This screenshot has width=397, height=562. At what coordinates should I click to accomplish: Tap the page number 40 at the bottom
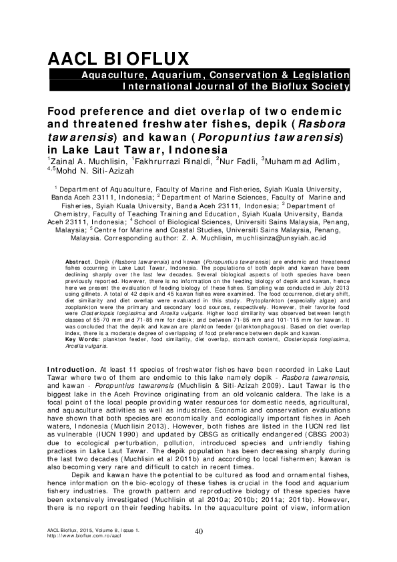[198, 531]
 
